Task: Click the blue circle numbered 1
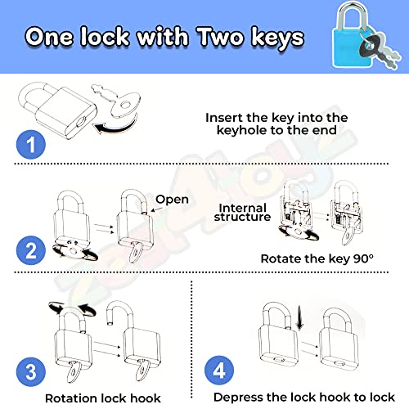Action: click(31, 144)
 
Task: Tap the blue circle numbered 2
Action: click(31, 250)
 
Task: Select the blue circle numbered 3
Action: click(31, 372)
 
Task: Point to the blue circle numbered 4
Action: click(219, 370)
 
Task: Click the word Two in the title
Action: click(220, 36)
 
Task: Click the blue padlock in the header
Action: click(352, 35)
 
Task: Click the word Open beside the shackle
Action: click(172, 200)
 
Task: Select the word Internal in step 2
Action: click(242, 208)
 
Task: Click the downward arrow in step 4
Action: click(299, 317)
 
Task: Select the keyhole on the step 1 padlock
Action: click(81, 122)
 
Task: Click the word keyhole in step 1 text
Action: click(241, 131)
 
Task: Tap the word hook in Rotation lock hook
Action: click(146, 398)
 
